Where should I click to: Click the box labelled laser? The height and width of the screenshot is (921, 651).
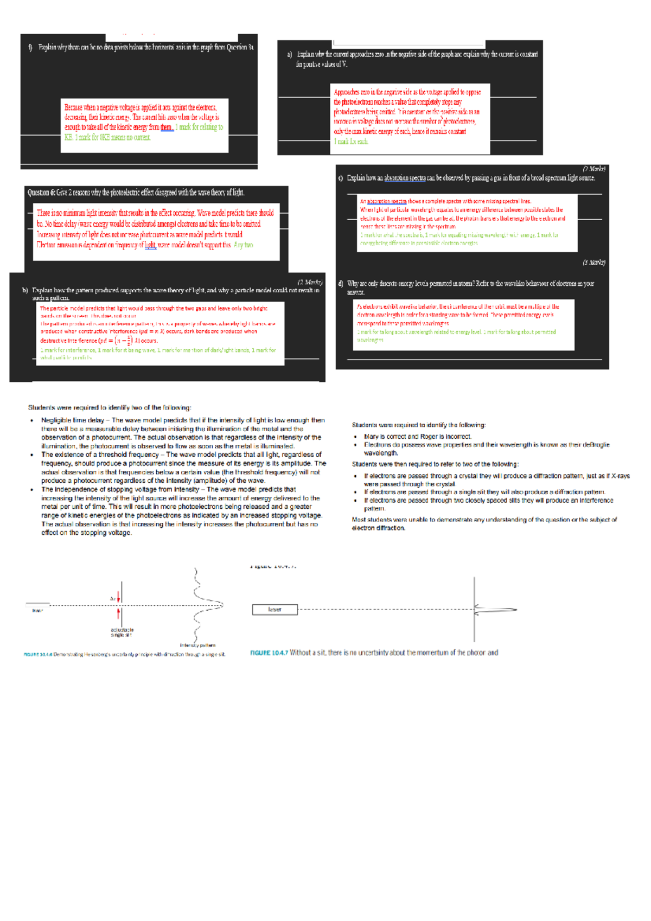[275, 610]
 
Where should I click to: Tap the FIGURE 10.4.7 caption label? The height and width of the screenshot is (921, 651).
[269, 653]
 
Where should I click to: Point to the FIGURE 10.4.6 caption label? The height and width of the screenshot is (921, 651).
[38, 655]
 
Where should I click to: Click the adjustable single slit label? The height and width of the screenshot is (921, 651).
[122, 632]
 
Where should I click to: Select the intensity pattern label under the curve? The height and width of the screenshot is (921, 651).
[197, 645]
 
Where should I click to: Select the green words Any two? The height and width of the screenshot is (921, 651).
[243, 245]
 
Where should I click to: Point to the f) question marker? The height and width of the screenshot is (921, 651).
[30, 48]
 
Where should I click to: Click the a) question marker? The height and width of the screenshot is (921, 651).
[290, 54]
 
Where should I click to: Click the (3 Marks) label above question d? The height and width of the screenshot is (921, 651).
[593, 263]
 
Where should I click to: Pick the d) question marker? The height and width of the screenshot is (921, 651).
[340, 284]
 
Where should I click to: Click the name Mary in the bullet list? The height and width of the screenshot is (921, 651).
[371, 437]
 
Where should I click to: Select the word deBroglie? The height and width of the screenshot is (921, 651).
[596, 445]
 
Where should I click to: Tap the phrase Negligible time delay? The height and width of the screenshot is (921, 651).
[72, 420]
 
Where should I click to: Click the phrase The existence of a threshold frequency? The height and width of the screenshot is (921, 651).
[100, 455]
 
